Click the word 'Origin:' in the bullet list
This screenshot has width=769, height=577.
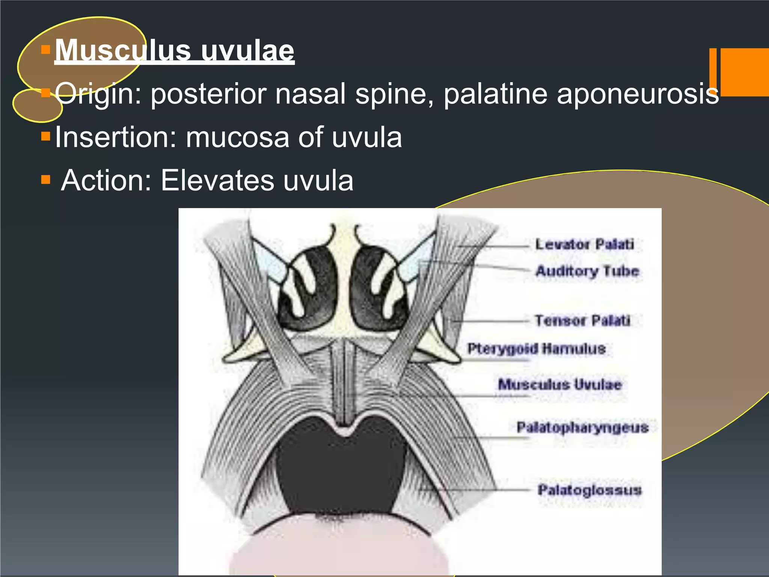[98, 94]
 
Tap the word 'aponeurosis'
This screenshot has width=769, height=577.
[638, 94]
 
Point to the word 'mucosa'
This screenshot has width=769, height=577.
[237, 137]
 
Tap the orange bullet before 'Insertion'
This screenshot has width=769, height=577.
[45, 136]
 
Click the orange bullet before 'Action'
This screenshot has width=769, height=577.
[45, 180]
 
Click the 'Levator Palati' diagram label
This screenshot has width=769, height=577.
[585, 245]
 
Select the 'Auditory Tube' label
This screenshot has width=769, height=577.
[587, 271]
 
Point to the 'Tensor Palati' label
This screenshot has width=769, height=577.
[582, 320]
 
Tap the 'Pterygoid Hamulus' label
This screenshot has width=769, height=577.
[537, 349]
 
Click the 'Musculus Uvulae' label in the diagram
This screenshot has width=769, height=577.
[559, 384]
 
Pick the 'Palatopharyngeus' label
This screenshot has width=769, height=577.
[582, 427]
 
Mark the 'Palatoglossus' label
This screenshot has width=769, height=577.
[590, 490]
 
